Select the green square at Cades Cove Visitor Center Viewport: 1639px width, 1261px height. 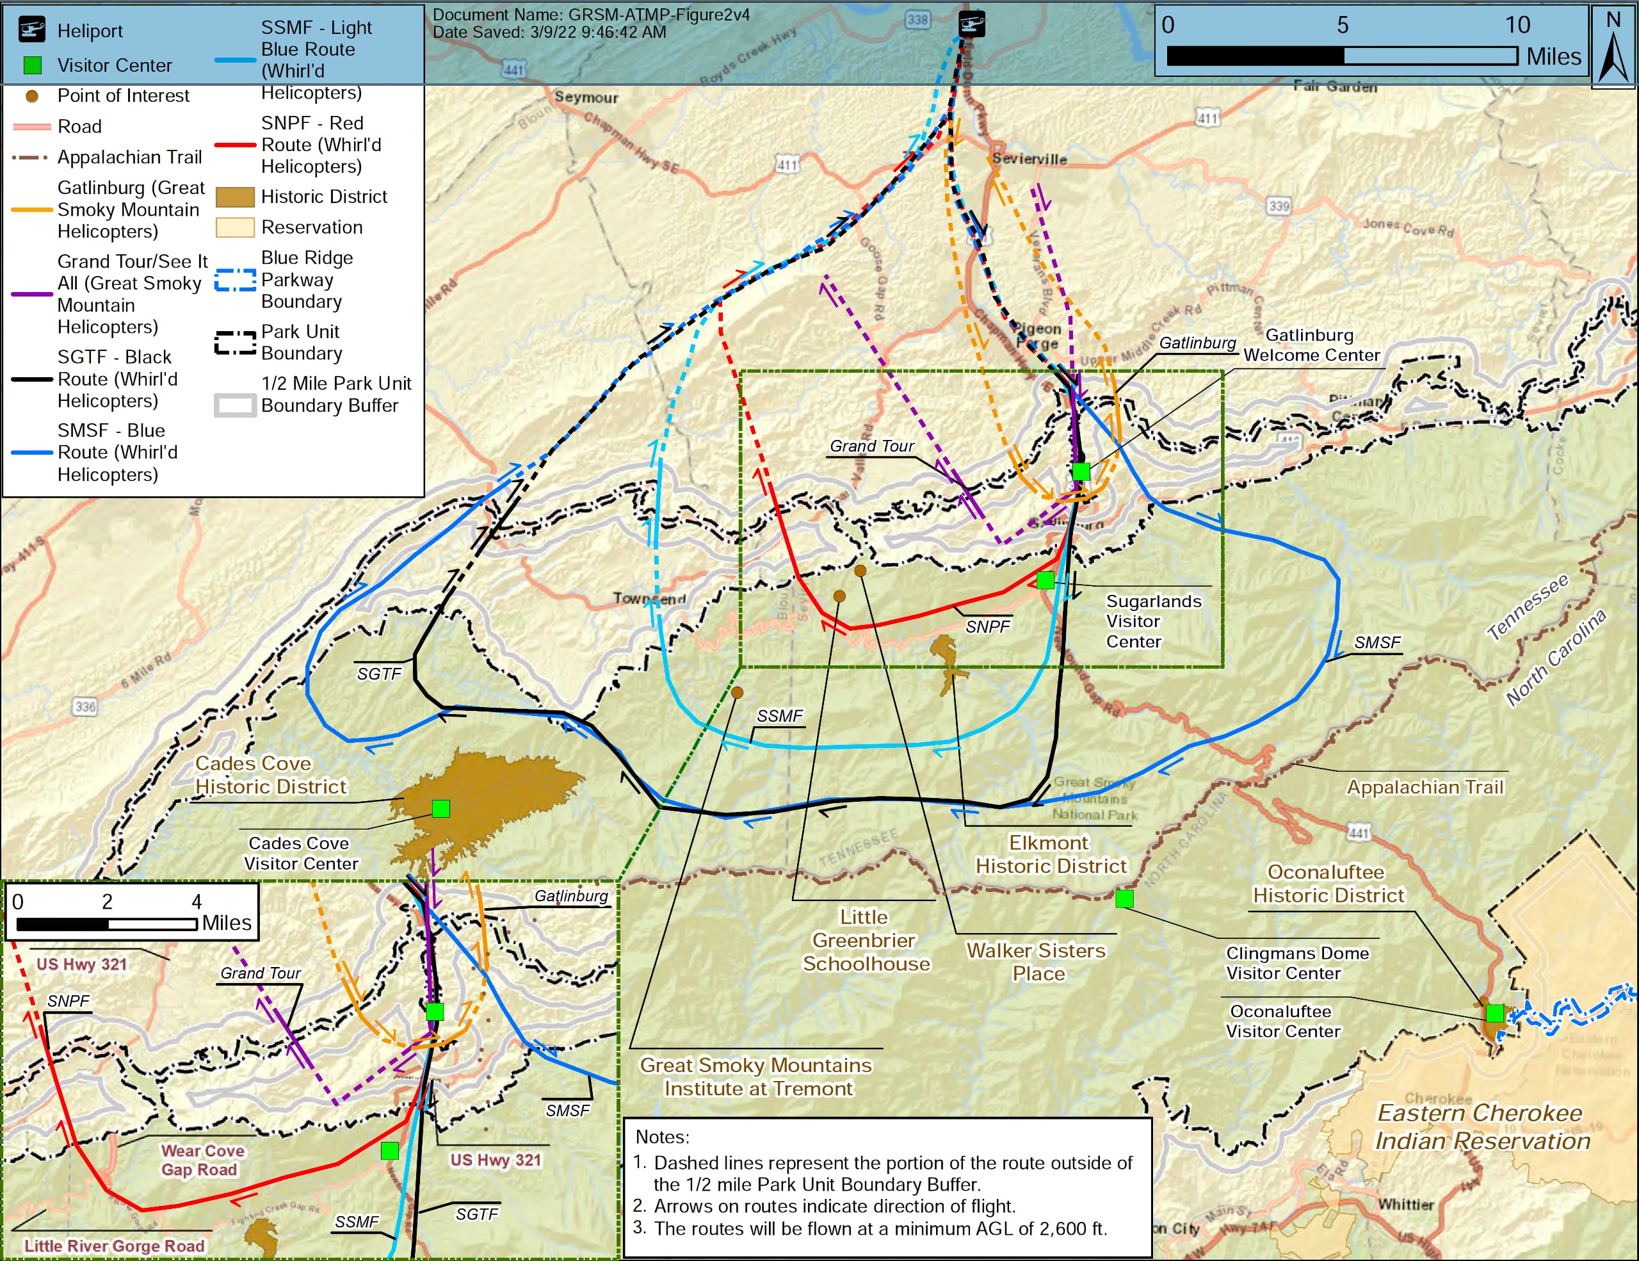[x=441, y=808]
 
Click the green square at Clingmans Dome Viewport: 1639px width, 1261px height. [x=1124, y=899]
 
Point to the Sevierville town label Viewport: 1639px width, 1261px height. [x=1029, y=158]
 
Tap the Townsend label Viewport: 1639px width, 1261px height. [x=649, y=598]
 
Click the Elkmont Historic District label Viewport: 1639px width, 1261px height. [x=1050, y=854]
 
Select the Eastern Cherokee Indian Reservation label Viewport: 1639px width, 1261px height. [x=1482, y=1127]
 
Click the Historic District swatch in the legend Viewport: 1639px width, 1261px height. [x=235, y=197]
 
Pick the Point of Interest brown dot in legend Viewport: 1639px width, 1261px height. [x=31, y=96]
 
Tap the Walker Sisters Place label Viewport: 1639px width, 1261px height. [x=1037, y=961]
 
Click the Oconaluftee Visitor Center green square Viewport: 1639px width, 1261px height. [x=1494, y=1013]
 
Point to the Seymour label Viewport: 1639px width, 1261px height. [x=586, y=97]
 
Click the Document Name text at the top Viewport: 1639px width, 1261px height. [x=590, y=14]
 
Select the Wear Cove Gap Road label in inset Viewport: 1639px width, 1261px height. [x=200, y=1160]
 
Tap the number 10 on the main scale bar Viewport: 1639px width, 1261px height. [x=1517, y=25]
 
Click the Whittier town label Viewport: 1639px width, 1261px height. [x=1405, y=1205]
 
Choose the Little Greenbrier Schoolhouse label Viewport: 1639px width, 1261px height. [x=866, y=940]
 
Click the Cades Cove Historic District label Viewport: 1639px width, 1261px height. [x=270, y=775]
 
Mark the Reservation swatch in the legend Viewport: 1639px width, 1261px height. [x=235, y=227]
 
